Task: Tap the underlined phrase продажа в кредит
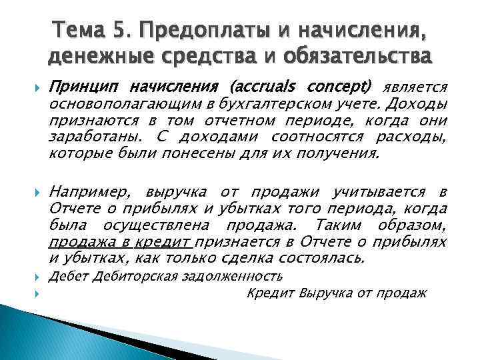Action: [x=121, y=242]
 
